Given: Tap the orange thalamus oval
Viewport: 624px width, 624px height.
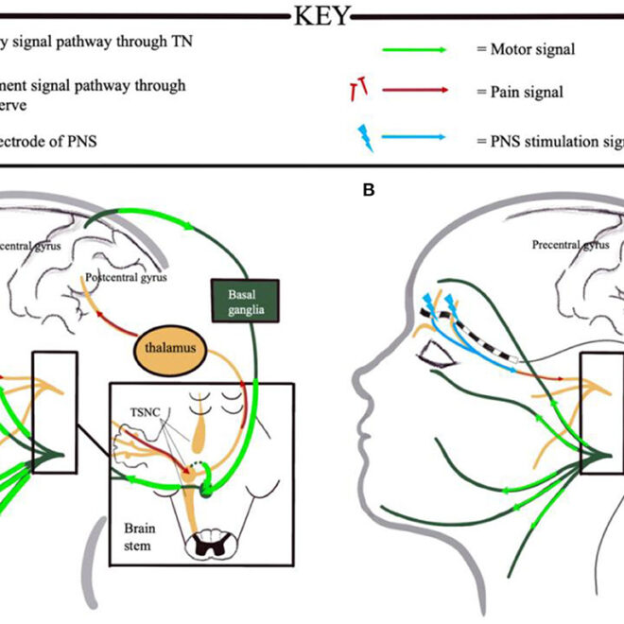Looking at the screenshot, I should pos(170,349).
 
